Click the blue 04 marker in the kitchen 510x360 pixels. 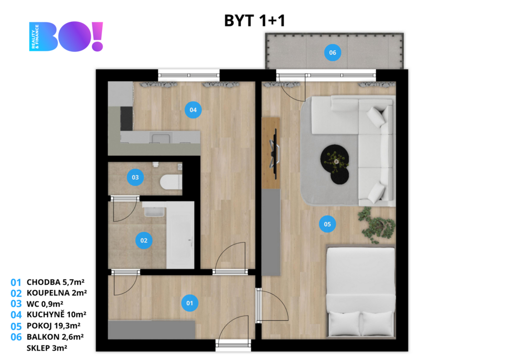(x=193, y=110)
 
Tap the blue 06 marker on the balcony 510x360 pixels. (x=332, y=53)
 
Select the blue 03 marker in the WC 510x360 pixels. (x=135, y=177)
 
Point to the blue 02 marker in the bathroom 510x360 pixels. (x=144, y=240)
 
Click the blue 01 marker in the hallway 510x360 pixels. (x=190, y=303)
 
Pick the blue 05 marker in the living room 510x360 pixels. (x=327, y=224)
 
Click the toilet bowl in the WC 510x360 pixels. (x=171, y=182)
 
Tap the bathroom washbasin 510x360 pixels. (x=154, y=210)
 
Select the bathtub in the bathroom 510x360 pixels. (x=180, y=235)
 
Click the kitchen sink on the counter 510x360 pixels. (x=160, y=138)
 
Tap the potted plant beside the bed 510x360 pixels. (x=377, y=225)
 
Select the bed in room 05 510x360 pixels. (x=361, y=292)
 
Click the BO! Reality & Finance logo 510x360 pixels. (x=66, y=36)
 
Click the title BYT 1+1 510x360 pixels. (x=255, y=20)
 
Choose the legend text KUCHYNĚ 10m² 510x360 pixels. (x=57, y=315)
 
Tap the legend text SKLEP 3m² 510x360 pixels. (x=47, y=348)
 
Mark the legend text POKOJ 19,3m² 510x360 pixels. (x=54, y=326)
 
